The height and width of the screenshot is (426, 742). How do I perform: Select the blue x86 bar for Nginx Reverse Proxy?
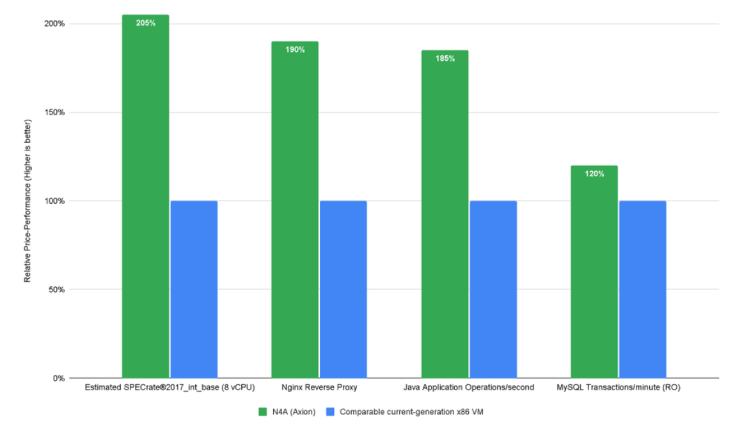pyautogui.click(x=343, y=289)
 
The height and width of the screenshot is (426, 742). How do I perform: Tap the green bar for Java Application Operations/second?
pyautogui.click(x=445, y=214)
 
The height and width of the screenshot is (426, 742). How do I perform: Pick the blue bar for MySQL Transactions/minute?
pyautogui.click(x=642, y=289)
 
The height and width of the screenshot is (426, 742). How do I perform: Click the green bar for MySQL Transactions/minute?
pyautogui.click(x=594, y=272)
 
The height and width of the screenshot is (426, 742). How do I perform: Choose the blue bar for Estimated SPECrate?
pyautogui.click(x=194, y=289)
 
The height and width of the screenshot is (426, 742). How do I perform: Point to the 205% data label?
pyautogui.click(x=145, y=23)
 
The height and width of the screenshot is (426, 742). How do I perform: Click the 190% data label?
pyautogui.click(x=295, y=50)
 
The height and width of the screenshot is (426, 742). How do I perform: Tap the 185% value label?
pyautogui.click(x=445, y=59)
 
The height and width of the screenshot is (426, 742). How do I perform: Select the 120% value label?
pyautogui.click(x=594, y=174)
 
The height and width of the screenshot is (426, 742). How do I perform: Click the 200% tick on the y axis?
pyautogui.click(x=54, y=24)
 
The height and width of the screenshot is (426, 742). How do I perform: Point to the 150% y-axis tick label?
pyautogui.click(x=54, y=113)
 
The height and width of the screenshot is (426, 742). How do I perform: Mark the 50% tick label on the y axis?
pyautogui.click(x=56, y=290)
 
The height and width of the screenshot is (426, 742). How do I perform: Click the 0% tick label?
pyautogui.click(x=58, y=378)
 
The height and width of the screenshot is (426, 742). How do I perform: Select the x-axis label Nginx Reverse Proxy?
pyautogui.click(x=319, y=388)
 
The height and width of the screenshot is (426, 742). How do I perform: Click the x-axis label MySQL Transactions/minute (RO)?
pyautogui.click(x=618, y=388)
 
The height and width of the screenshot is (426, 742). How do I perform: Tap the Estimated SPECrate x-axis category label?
pyautogui.click(x=169, y=388)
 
